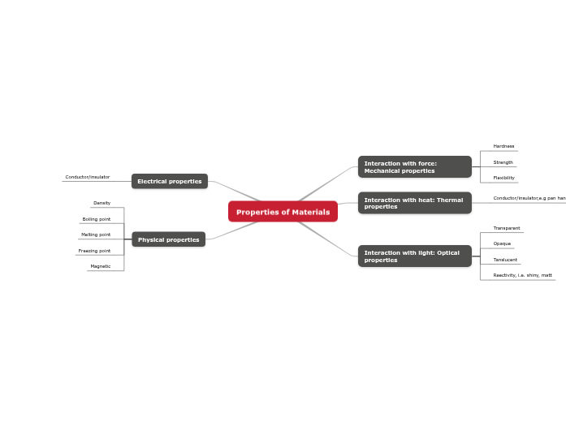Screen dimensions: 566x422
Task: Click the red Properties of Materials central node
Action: tap(283, 212)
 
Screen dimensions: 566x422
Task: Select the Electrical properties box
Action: tap(170, 181)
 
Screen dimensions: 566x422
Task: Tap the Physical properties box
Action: tap(168, 239)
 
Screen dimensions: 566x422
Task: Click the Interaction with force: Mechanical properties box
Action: tap(414, 167)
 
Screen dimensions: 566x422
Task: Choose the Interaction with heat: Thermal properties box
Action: tap(414, 203)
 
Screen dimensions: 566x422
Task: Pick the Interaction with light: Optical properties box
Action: tap(414, 256)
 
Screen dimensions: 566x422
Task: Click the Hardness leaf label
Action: tap(503, 146)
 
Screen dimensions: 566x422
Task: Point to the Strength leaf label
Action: tap(503, 162)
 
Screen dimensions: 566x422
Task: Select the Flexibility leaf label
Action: tap(503, 178)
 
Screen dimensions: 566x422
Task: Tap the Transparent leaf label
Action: tap(507, 228)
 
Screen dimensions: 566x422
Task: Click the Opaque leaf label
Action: tap(502, 243)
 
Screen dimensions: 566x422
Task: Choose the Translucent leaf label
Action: tap(505, 260)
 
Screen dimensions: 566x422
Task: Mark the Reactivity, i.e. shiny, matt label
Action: tap(522, 275)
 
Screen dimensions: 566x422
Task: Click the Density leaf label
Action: tap(102, 203)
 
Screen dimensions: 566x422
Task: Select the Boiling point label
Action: tap(97, 219)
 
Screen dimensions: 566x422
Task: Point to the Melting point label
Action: tap(96, 235)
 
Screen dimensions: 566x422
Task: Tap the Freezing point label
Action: tap(94, 251)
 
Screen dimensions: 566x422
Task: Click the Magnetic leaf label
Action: tap(101, 266)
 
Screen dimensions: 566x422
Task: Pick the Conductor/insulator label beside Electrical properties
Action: tap(88, 177)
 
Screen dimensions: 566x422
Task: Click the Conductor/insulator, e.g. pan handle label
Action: tap(529, 198)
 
